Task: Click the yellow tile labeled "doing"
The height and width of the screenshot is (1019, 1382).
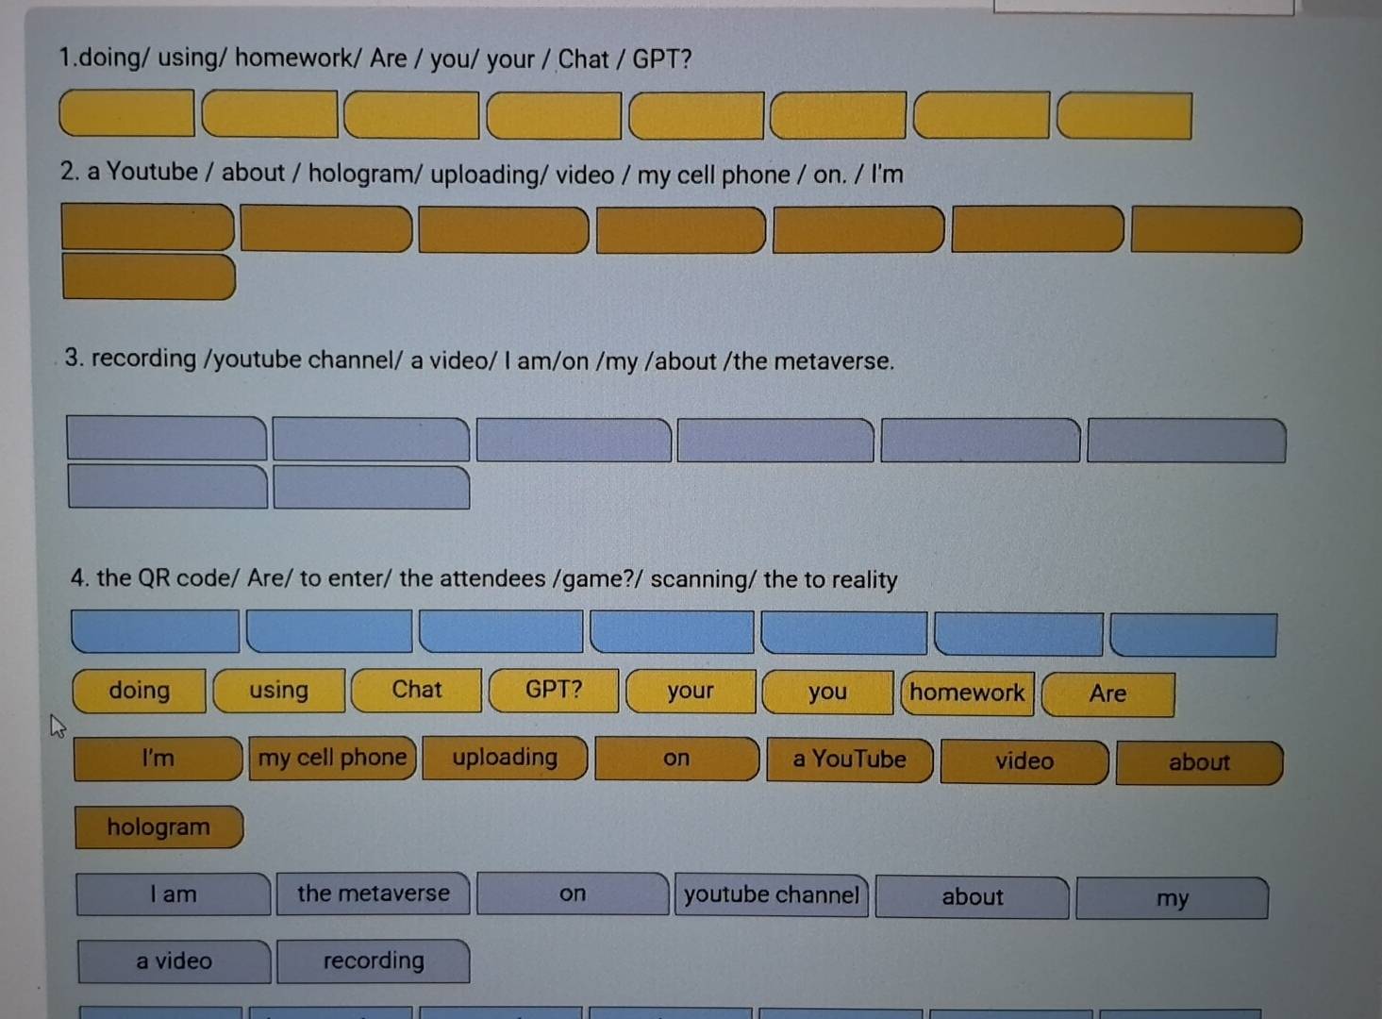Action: [x=140, y=691]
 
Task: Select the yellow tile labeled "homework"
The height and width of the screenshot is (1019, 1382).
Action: [x=968, y=693]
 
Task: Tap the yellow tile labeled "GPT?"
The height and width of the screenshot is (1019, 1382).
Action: [x=554, y=690]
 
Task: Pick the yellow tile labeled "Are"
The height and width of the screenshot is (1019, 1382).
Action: [x=1108, y=694]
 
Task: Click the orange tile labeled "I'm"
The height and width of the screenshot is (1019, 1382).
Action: [x=158, y=758]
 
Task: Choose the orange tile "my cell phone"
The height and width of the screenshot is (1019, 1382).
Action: [x=333, y=758]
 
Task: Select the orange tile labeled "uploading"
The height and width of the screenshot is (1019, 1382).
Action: [x=505, y=758]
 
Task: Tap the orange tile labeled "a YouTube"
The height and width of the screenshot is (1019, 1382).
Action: [x=850, y=760]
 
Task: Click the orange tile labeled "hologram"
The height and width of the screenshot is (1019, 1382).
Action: [x=159, y=827]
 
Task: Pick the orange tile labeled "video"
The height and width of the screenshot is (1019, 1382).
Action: [x=1024, y=761]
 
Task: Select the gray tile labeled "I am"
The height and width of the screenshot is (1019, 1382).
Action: [x=174, y=894]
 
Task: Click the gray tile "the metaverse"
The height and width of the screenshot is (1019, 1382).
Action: [x=374, y=894]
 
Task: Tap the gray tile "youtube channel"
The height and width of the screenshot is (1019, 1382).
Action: [x=772, y=895]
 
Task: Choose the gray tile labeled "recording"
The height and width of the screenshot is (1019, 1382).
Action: [x=374, y=961]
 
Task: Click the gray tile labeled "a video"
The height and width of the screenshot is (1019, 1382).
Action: [x=174, y=961]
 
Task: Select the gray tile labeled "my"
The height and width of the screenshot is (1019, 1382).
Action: [x=1173, y=898]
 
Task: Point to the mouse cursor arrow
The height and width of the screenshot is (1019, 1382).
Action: [x=58, y=726]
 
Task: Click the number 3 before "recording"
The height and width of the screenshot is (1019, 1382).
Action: [x=73, y=358]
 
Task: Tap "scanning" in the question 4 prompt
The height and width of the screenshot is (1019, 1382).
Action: [x=699, y=579]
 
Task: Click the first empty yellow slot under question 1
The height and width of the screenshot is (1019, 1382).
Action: [x=127, y=113]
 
